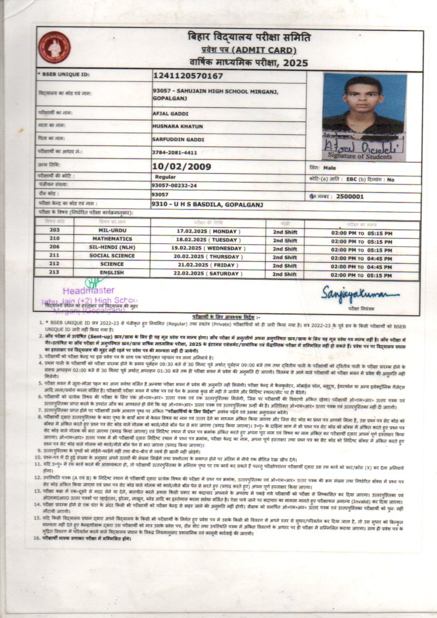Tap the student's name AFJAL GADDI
click(170, 114)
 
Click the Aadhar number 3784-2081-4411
click(174, 152)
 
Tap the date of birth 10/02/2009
click(181, 167)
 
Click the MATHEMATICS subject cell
click(111, 239)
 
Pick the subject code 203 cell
click(54, 230)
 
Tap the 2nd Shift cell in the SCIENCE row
click(285, 266)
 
